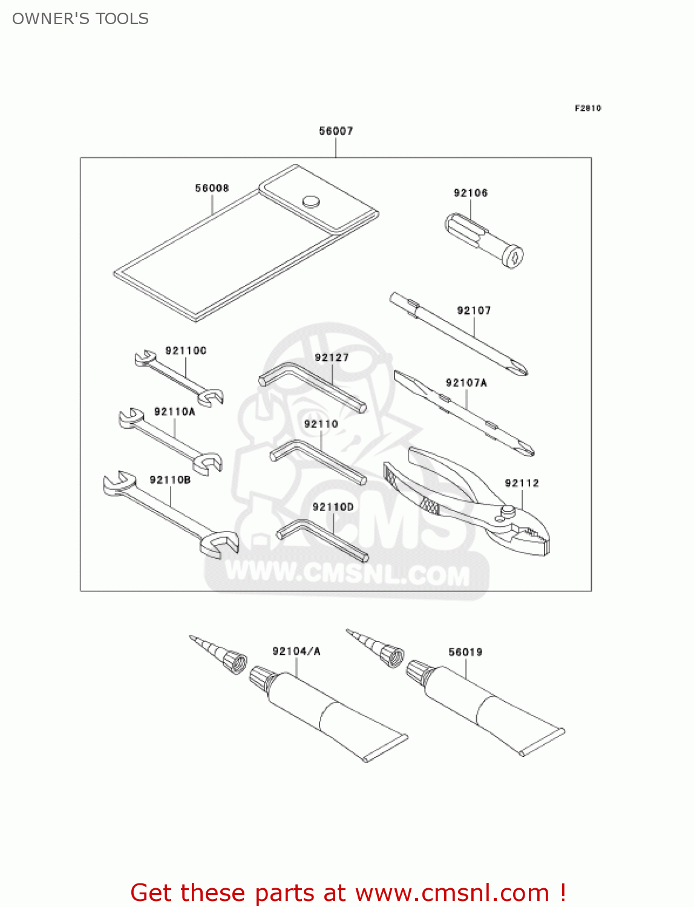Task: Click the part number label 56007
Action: [x=336, y=131]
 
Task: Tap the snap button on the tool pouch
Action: [x=311, y=201]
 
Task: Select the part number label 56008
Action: [x=212, y=188]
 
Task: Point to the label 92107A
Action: [x=466, y=383]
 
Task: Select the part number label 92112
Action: [x=522, y=483]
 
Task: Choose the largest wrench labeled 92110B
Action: [x=170, y=514]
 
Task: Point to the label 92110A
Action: [x=174, y=412]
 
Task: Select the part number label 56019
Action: [x=465, y=652]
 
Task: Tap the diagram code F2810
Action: [x=588, y=108]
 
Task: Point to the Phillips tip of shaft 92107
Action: [x=519, y=367]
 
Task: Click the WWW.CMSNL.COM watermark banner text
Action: [x=347, y=573]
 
